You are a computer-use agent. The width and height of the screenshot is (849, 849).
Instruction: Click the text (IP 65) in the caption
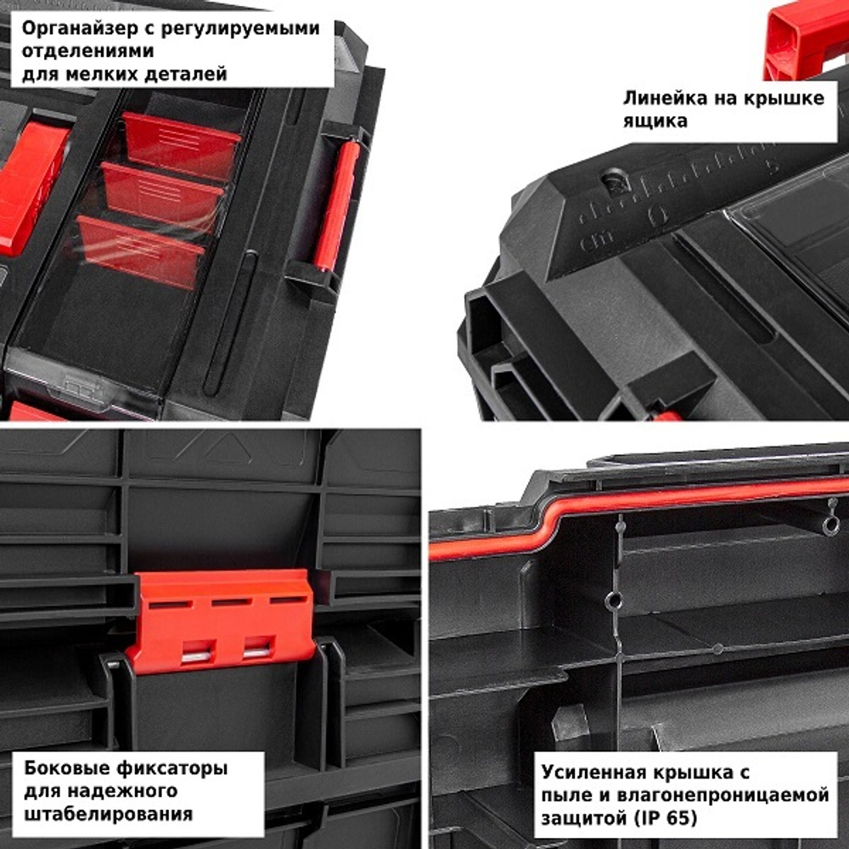[x=663, y=819]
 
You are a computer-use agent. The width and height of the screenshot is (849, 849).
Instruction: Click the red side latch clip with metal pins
[x=221, y=620]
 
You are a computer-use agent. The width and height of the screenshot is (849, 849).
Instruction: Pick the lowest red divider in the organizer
[x=140, y=251]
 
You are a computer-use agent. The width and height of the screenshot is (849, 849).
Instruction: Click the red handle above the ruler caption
[x=807, y=38]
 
